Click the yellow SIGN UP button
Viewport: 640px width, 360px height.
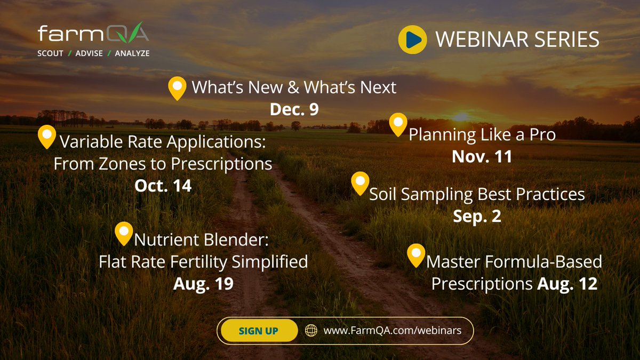tap(259, 331)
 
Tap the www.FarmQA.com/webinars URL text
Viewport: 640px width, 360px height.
tap(392, 331)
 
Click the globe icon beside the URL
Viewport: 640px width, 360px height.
tap(311, 331)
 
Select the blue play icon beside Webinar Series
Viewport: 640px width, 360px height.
tap(412, 39)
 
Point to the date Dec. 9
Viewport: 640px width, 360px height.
tap(294, 109)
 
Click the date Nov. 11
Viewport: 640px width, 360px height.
tap(482, 156)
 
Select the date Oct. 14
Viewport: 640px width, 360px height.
tap(163, 186)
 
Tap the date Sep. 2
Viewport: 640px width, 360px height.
tap(477, 217)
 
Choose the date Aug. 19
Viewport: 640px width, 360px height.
tap(203, 284)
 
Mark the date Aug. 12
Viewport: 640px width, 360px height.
tap(567, 284)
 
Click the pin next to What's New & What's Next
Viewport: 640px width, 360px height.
tap(177, 87)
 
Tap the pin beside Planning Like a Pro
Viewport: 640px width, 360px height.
tap(397, 124)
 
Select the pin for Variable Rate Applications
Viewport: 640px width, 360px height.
tap(47, 136)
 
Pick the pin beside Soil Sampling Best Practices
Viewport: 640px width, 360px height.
tap(361, 183)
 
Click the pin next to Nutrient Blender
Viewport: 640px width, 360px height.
tap(124, 233)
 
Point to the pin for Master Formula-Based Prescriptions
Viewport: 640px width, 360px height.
tap(416, 255)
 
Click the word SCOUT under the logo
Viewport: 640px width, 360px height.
tap(51, 53)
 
